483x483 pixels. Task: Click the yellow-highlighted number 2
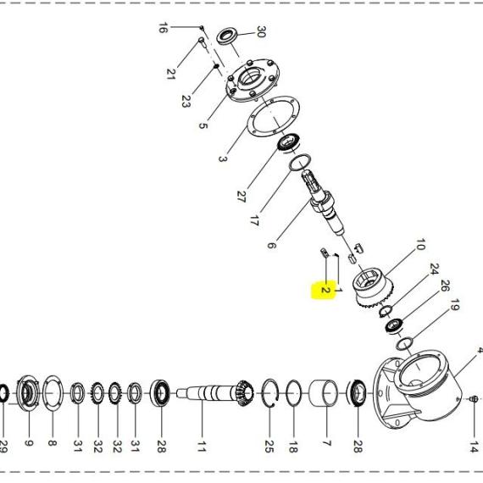coord(325,290)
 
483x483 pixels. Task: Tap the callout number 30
coord(261,31)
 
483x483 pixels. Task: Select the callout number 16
coord(163,28)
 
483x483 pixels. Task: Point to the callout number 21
coord(171,74)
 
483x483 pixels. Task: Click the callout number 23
coord(186,101)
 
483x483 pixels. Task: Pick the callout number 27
coord(241,197)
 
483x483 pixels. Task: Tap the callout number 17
coord(254,220)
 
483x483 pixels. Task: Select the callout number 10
coord(420,244)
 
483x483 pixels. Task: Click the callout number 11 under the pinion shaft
coord(201,447)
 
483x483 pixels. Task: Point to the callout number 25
coord(269,447)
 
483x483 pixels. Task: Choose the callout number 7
coord(326,443)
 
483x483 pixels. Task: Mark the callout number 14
coord(474,447)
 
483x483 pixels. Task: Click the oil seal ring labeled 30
coord(227,36)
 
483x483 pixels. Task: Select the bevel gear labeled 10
coord(374,287)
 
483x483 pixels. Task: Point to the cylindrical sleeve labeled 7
coord(323,393)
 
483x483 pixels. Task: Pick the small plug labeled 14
coord(475,399)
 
